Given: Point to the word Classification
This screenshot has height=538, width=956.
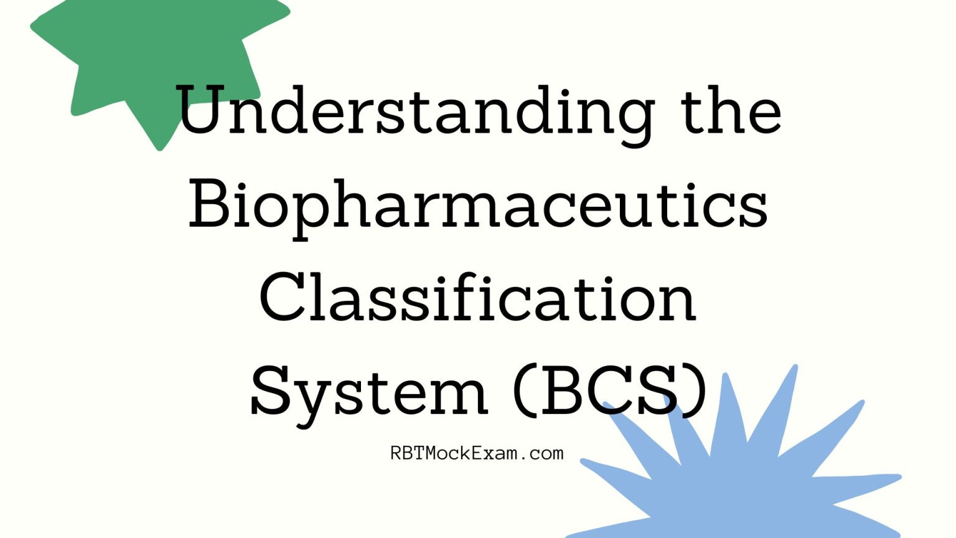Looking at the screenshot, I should [x=477, y=299].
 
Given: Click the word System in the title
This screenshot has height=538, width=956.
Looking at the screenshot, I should [x=368, y=392].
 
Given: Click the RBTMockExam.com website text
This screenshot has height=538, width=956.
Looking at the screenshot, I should [x=477, y=453].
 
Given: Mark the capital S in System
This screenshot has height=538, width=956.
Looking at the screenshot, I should [x=270, y=391].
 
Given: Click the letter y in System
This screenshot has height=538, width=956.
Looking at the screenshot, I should [x=309, y=400].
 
